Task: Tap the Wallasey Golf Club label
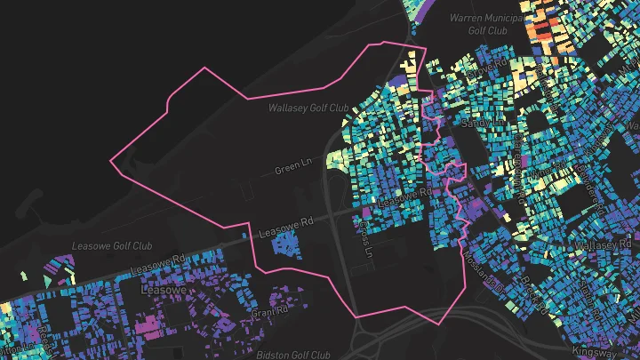(308, 108)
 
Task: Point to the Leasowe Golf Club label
(111, 245)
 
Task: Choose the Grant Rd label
(269, 312)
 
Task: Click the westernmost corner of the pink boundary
(110, 162)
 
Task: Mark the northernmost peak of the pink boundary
(382, 42)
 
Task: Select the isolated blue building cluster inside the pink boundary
(284, 243)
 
